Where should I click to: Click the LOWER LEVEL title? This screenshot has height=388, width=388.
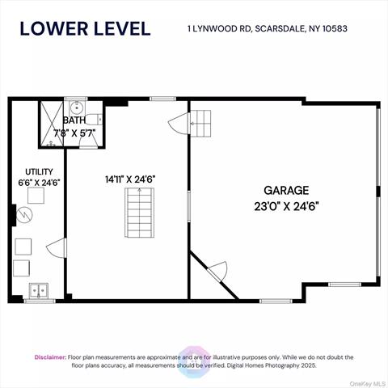point(84,28)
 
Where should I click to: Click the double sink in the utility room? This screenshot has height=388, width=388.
point(39,290)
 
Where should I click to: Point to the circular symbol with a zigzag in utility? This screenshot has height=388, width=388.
point(25,216)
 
